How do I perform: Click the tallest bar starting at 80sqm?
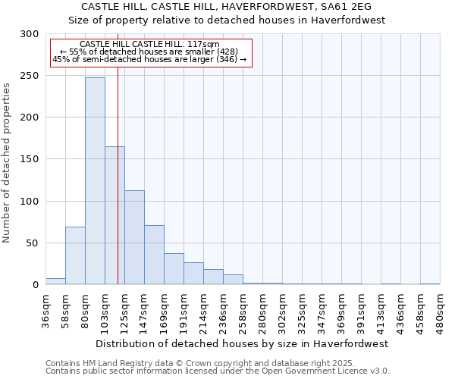(x=95, y=180)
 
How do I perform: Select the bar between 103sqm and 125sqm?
(x=115, y=215)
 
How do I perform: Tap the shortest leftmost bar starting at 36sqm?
(x=55, y=281)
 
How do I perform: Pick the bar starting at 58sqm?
(x=75, y=255)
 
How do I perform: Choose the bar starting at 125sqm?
(x=134, y=237)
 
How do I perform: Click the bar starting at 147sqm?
(x=154, y=255)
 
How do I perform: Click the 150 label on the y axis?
(x=30, y=159)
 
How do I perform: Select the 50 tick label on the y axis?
(x=32, y=243)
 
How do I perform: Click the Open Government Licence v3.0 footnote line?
(x=218, y=371)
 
